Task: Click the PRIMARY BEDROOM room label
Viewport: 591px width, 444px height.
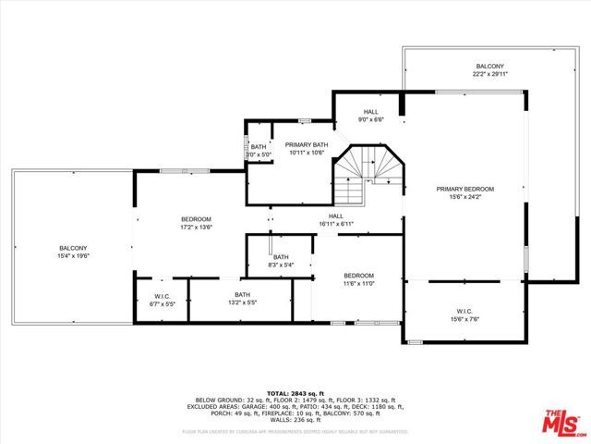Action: click(464, 188)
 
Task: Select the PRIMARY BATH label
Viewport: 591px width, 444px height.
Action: click(306, 145)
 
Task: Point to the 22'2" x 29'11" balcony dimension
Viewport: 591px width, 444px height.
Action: click(489, 75)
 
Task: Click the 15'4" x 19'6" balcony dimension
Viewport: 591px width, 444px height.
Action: click(73, 255)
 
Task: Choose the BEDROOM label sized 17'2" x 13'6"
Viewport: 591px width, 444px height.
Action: click(195, 218)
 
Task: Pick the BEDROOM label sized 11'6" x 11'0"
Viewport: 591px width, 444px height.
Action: click(358, 276)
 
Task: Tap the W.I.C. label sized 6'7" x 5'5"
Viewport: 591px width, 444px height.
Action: click(162, 297)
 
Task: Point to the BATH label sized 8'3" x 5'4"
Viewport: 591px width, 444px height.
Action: click(280, 257)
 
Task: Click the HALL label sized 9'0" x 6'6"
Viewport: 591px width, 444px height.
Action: click(370, 112)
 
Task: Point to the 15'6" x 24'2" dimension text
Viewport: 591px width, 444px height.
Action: click(464, 195)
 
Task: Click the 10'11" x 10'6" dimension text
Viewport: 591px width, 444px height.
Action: click(306, 153)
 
